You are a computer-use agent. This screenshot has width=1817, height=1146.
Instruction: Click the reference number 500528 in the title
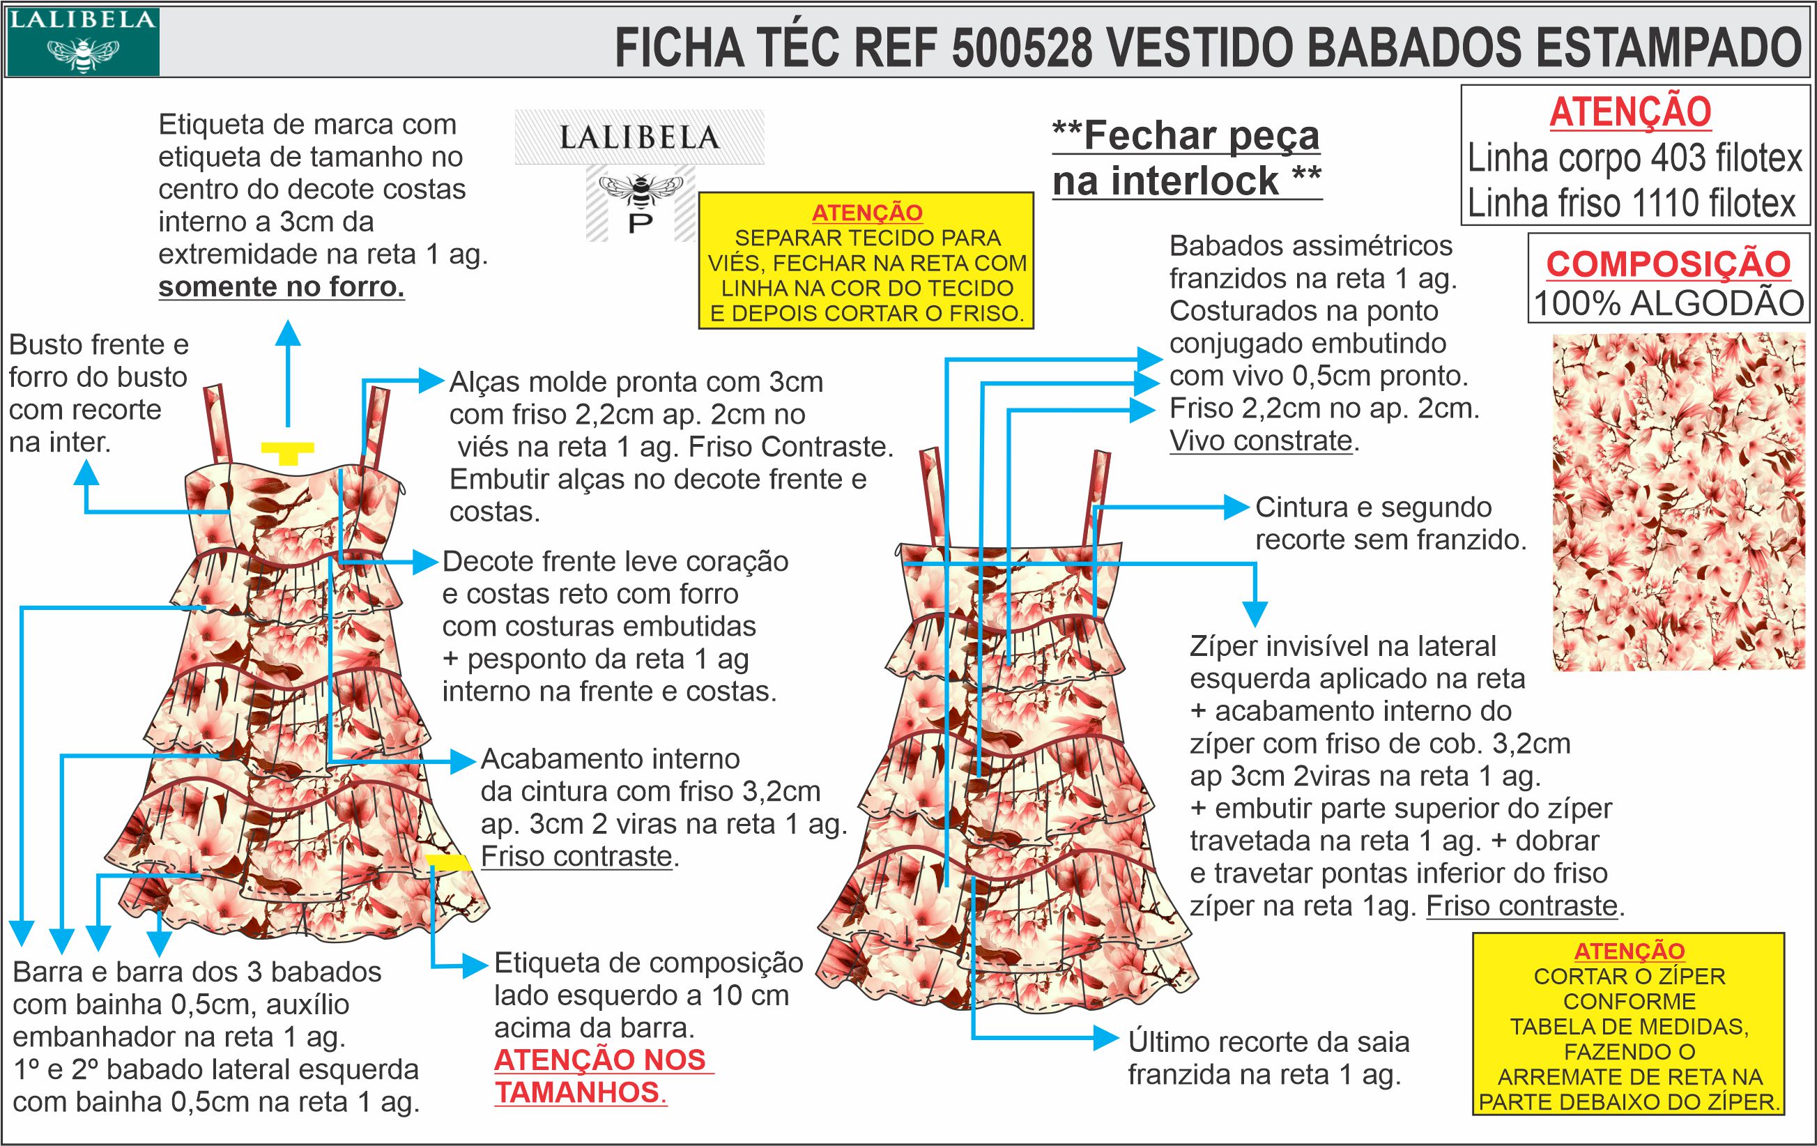click(1022, 47)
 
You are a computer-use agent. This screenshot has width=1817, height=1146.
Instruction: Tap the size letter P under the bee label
click(640, 224)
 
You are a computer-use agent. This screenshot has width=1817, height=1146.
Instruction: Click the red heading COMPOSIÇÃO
click(1669, 264)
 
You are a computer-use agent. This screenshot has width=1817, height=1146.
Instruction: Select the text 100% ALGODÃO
click(1669, 303)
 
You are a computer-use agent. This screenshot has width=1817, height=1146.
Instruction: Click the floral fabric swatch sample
click(1678, 502)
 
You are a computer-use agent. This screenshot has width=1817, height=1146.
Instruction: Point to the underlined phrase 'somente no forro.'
click(282, 287)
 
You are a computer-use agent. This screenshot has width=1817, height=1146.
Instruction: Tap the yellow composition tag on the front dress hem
click(449, 862)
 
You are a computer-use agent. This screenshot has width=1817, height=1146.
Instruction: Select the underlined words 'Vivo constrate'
click(1261, 441)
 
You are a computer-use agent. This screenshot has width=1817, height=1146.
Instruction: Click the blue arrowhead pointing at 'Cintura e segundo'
click(1236, 507)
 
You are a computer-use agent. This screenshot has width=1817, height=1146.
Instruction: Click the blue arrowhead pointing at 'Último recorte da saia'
click(1105, 1039)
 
